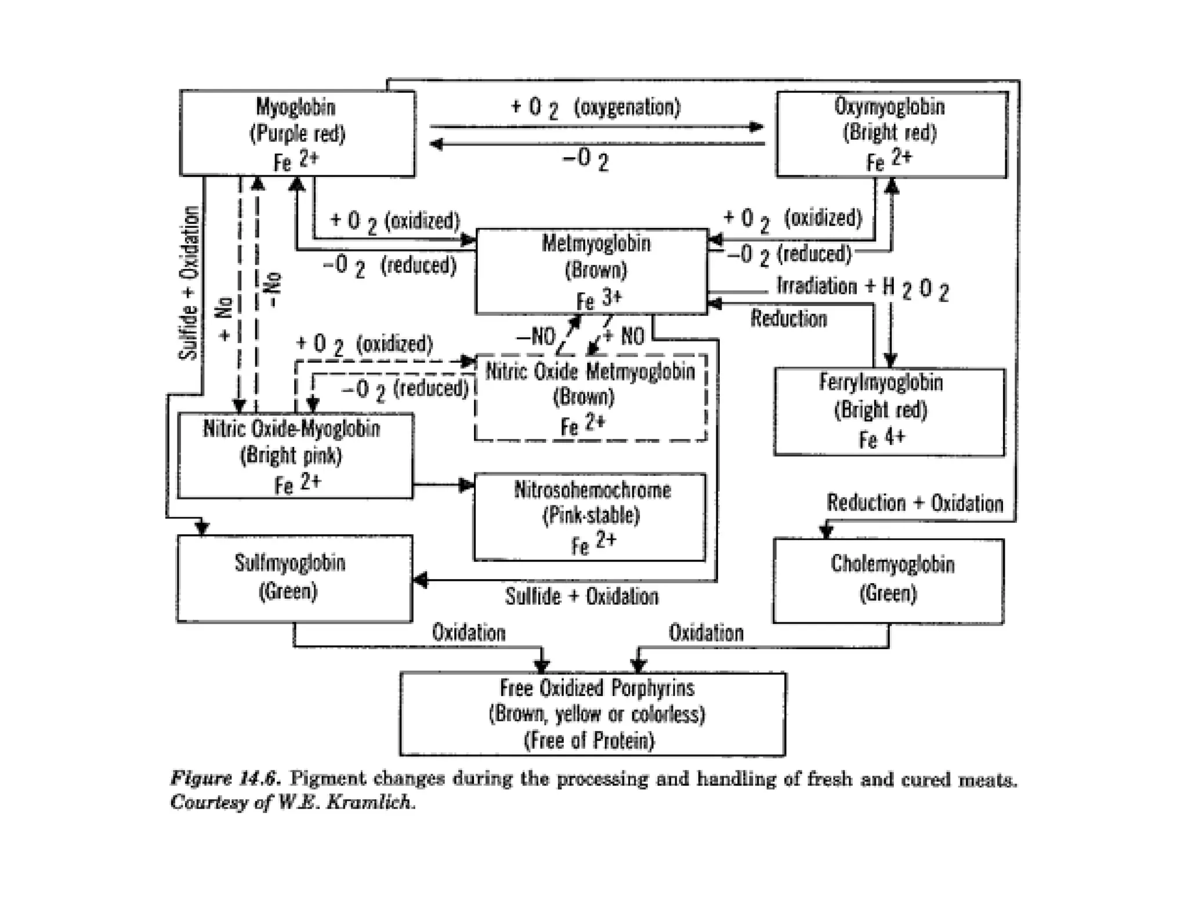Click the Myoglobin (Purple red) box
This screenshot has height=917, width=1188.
pos(297,133)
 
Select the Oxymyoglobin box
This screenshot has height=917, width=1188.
pos(892,134)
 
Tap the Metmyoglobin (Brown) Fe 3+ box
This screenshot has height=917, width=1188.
pos(592,271)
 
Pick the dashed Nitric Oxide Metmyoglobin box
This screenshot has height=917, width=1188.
pos(590,398)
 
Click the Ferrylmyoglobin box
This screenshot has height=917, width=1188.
pos(889,412)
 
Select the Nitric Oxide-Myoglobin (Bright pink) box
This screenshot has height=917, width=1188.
pos(295,456)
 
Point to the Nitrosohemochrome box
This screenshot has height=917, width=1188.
pos(590,517)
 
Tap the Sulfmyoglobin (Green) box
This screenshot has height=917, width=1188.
pos(295,578)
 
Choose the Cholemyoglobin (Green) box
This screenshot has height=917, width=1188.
pos(888,581)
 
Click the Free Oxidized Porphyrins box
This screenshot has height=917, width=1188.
pos(592,714)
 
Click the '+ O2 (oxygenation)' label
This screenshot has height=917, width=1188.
pos(595,108)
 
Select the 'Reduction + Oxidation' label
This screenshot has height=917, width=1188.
pos(915,503)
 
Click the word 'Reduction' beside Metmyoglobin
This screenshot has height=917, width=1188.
pos(788,318)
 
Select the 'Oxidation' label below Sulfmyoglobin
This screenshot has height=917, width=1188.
pos(469,632)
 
